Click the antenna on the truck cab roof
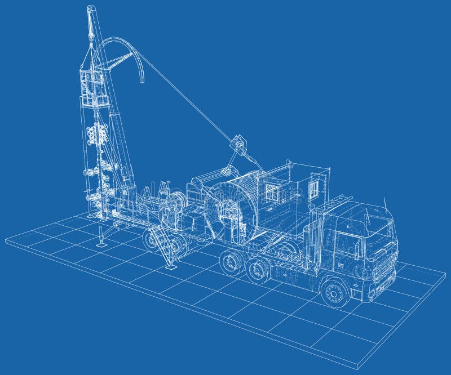(x=385, y=203)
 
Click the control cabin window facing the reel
(x=273, y=191)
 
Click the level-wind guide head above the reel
(x=241, y=145)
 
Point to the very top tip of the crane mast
(x=89, y=7)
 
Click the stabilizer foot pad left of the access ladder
(x=101, y=244)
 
